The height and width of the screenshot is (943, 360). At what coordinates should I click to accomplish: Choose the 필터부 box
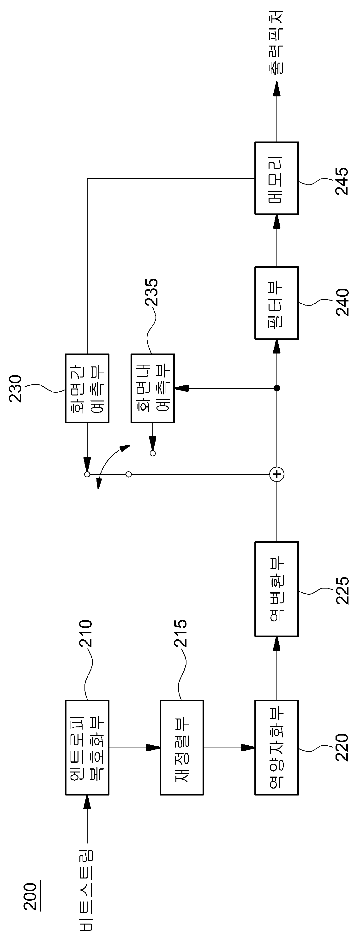pos(276,303)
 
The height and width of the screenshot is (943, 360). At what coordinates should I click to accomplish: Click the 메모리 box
pos(276,178)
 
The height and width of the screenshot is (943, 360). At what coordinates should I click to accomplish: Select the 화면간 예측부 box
pos(87,388)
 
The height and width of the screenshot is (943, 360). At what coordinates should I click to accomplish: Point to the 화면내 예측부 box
pos(153,388)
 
